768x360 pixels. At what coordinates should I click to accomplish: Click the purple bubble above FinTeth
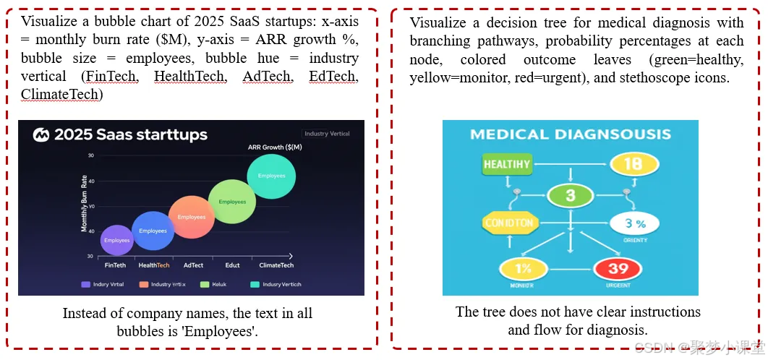click(116, 240)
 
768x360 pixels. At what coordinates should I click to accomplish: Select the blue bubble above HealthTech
click(153, 231)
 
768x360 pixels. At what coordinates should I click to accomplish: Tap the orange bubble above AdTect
click(192, 217)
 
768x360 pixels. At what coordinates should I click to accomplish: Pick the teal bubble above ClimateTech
click(271, 176)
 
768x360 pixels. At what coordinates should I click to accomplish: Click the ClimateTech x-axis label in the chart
click(276, 265)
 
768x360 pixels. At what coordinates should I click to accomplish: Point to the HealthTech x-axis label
click(153, 265)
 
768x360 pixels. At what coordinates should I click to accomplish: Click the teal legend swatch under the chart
click(255, 284)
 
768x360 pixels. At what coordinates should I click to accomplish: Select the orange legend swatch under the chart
click(144, 284)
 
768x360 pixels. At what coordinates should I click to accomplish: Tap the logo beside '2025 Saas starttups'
click(41, 134)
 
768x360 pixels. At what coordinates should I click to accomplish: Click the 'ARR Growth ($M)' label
click(275, 147)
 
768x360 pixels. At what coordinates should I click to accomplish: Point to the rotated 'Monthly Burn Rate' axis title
click(85, 203)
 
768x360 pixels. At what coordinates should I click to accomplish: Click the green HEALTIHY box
click(507, 164)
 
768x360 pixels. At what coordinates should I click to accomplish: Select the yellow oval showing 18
click(632, 164)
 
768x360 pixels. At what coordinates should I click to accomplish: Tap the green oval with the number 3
click(570, 195)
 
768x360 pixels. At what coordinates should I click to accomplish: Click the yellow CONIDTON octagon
click(509, 223)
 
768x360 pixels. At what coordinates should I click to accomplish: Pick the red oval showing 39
click(618, 269)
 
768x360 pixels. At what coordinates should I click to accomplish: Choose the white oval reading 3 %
click(635, 223)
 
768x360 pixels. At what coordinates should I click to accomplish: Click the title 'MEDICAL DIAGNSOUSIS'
click(570, 134)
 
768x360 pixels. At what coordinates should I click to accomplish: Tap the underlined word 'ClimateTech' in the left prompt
click(61, 94)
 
